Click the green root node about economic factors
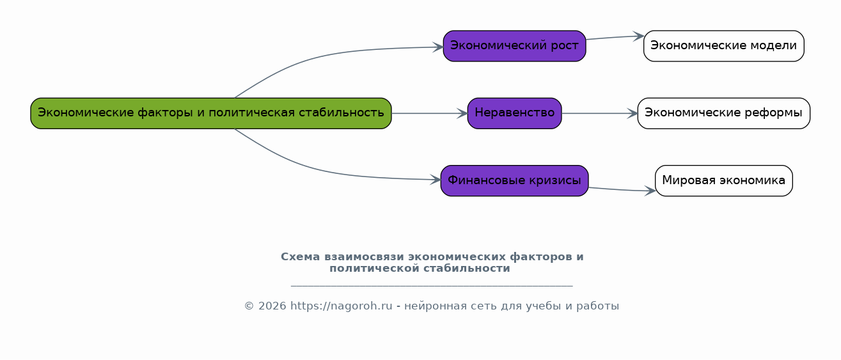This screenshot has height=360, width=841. tap(211, 113)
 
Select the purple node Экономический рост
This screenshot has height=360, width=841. tap(514, 46)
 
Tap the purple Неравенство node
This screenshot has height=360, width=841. tap(514, 113)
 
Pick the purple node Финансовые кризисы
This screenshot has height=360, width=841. tap(514, 180)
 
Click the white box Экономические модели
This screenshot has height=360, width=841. tap(724, 46)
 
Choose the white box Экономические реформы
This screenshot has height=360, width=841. tap(724, 113)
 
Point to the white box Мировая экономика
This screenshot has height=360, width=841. tap(724, 180)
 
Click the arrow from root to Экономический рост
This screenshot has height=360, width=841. tap(319, 56)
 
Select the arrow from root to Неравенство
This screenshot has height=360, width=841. tap(430, 113)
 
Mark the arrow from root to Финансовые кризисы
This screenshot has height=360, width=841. tap(319, 170)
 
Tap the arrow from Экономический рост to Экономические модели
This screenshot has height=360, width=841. tap(615, 37)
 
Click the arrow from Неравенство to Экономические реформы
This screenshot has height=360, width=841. tap(600, 113)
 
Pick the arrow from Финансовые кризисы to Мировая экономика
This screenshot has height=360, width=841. tap(622, 190)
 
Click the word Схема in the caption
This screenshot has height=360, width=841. tap(301, 257)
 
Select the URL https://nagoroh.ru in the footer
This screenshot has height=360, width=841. tap(342, 306)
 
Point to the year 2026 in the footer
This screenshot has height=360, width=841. tap(272, 306)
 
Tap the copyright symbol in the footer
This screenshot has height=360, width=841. tap(249, 306)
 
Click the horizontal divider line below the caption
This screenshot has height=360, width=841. tap(432, 286)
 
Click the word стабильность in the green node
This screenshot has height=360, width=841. tap(342, 113)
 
